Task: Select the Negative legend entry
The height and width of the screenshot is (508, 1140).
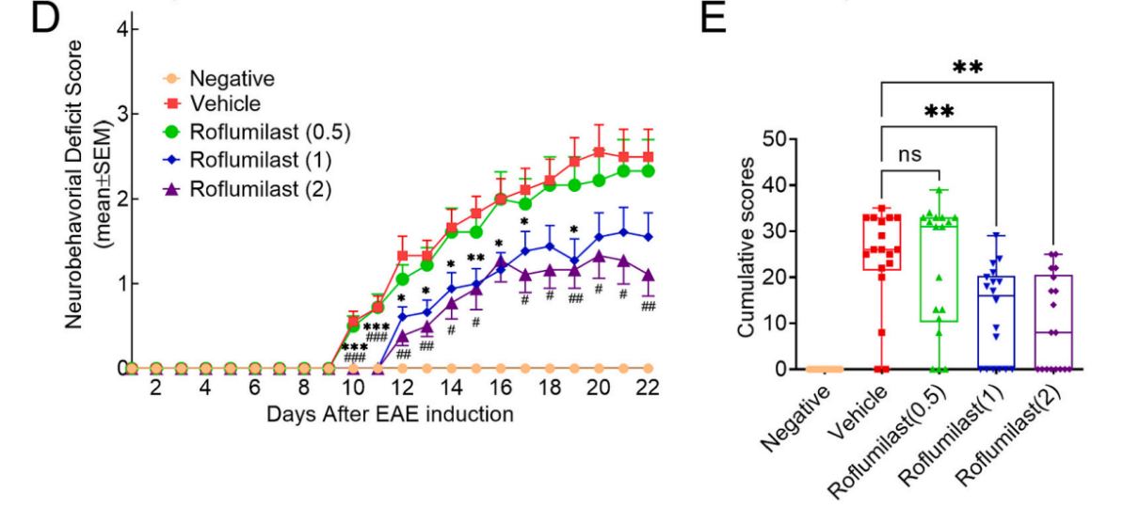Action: pyautogui.click(x=232, y=79)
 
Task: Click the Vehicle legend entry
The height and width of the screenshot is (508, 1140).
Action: pyautogui.click(x=225, y=104)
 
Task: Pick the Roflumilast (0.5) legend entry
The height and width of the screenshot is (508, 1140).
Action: pyautogui.click(x=269, y=132)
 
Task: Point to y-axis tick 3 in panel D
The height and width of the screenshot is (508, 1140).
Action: pyautogui.click(x=122, y=115)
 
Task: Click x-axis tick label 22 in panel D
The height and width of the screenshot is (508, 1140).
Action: pyautogui.click(x=647, y=388)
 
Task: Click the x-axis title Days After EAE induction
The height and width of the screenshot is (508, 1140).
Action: pyautogui.click(x=390, y=414)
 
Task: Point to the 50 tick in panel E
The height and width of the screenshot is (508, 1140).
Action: pyautogui.click(x=775, y=139)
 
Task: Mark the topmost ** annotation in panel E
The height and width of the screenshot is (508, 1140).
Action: pyautogui.click(x=968, y=68)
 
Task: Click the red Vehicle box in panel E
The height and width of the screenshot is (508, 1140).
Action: pyautogui.click(x=883, y=243)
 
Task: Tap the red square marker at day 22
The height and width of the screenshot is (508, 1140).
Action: pyautogui.click(x=647, y=157)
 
